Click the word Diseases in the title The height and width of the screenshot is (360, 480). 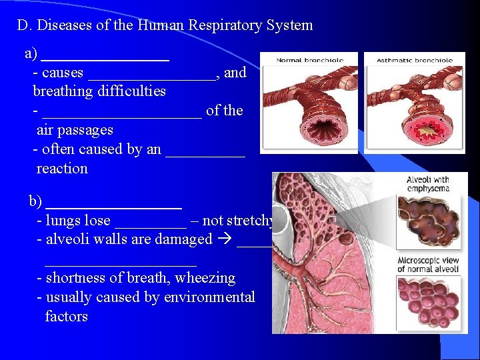[x=62, y=26]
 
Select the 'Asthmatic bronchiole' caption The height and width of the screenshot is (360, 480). [x=415, y=60]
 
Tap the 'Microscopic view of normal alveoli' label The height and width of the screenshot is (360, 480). [x=428, y=265]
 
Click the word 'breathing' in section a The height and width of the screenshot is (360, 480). [x=65, y=91]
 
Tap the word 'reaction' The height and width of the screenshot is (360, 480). [x=62, y=169]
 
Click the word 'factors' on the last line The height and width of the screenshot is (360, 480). [x=66, y=317]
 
